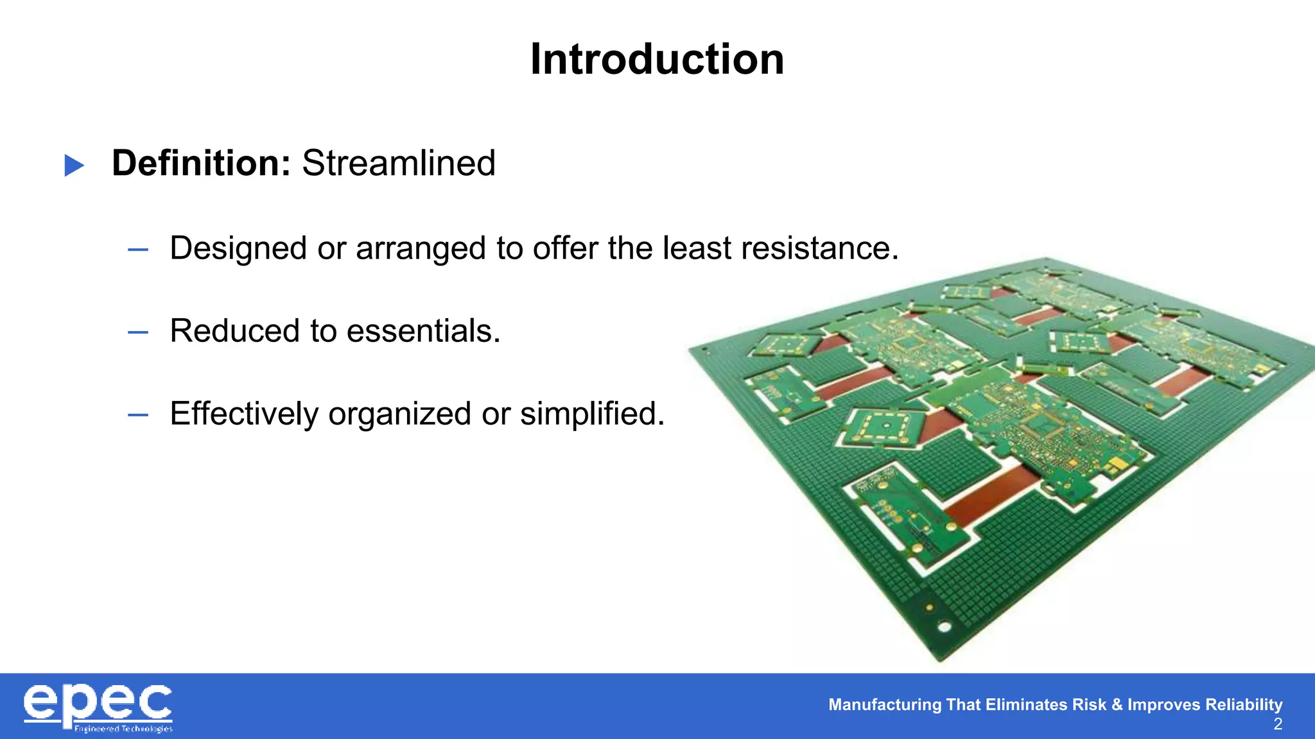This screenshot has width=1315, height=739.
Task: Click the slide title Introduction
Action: pos(657,60)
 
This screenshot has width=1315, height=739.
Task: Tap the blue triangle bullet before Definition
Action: pos(74,165)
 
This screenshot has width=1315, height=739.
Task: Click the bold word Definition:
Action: pos(202,163)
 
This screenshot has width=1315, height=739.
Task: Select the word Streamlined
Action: pos(399,163)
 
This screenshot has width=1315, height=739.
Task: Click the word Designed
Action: pos(238,248)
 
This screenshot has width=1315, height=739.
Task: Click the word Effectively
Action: pos(244,414)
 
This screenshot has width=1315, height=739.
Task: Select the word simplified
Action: pos(592,414)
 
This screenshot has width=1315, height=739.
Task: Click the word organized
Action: pos(400,414)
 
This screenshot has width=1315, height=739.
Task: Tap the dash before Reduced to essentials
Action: pos(138,332)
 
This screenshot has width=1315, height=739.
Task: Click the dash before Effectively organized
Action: pos(138,415)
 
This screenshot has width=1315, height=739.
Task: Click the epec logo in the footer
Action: pos(98,707)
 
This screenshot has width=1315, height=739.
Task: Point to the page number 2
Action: pos(1278,724)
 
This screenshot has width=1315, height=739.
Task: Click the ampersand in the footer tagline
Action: pos(1117,704)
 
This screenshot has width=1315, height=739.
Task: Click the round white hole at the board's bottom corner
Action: pos(945,627)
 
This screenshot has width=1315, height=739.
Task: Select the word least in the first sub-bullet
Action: pos(697,248)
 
